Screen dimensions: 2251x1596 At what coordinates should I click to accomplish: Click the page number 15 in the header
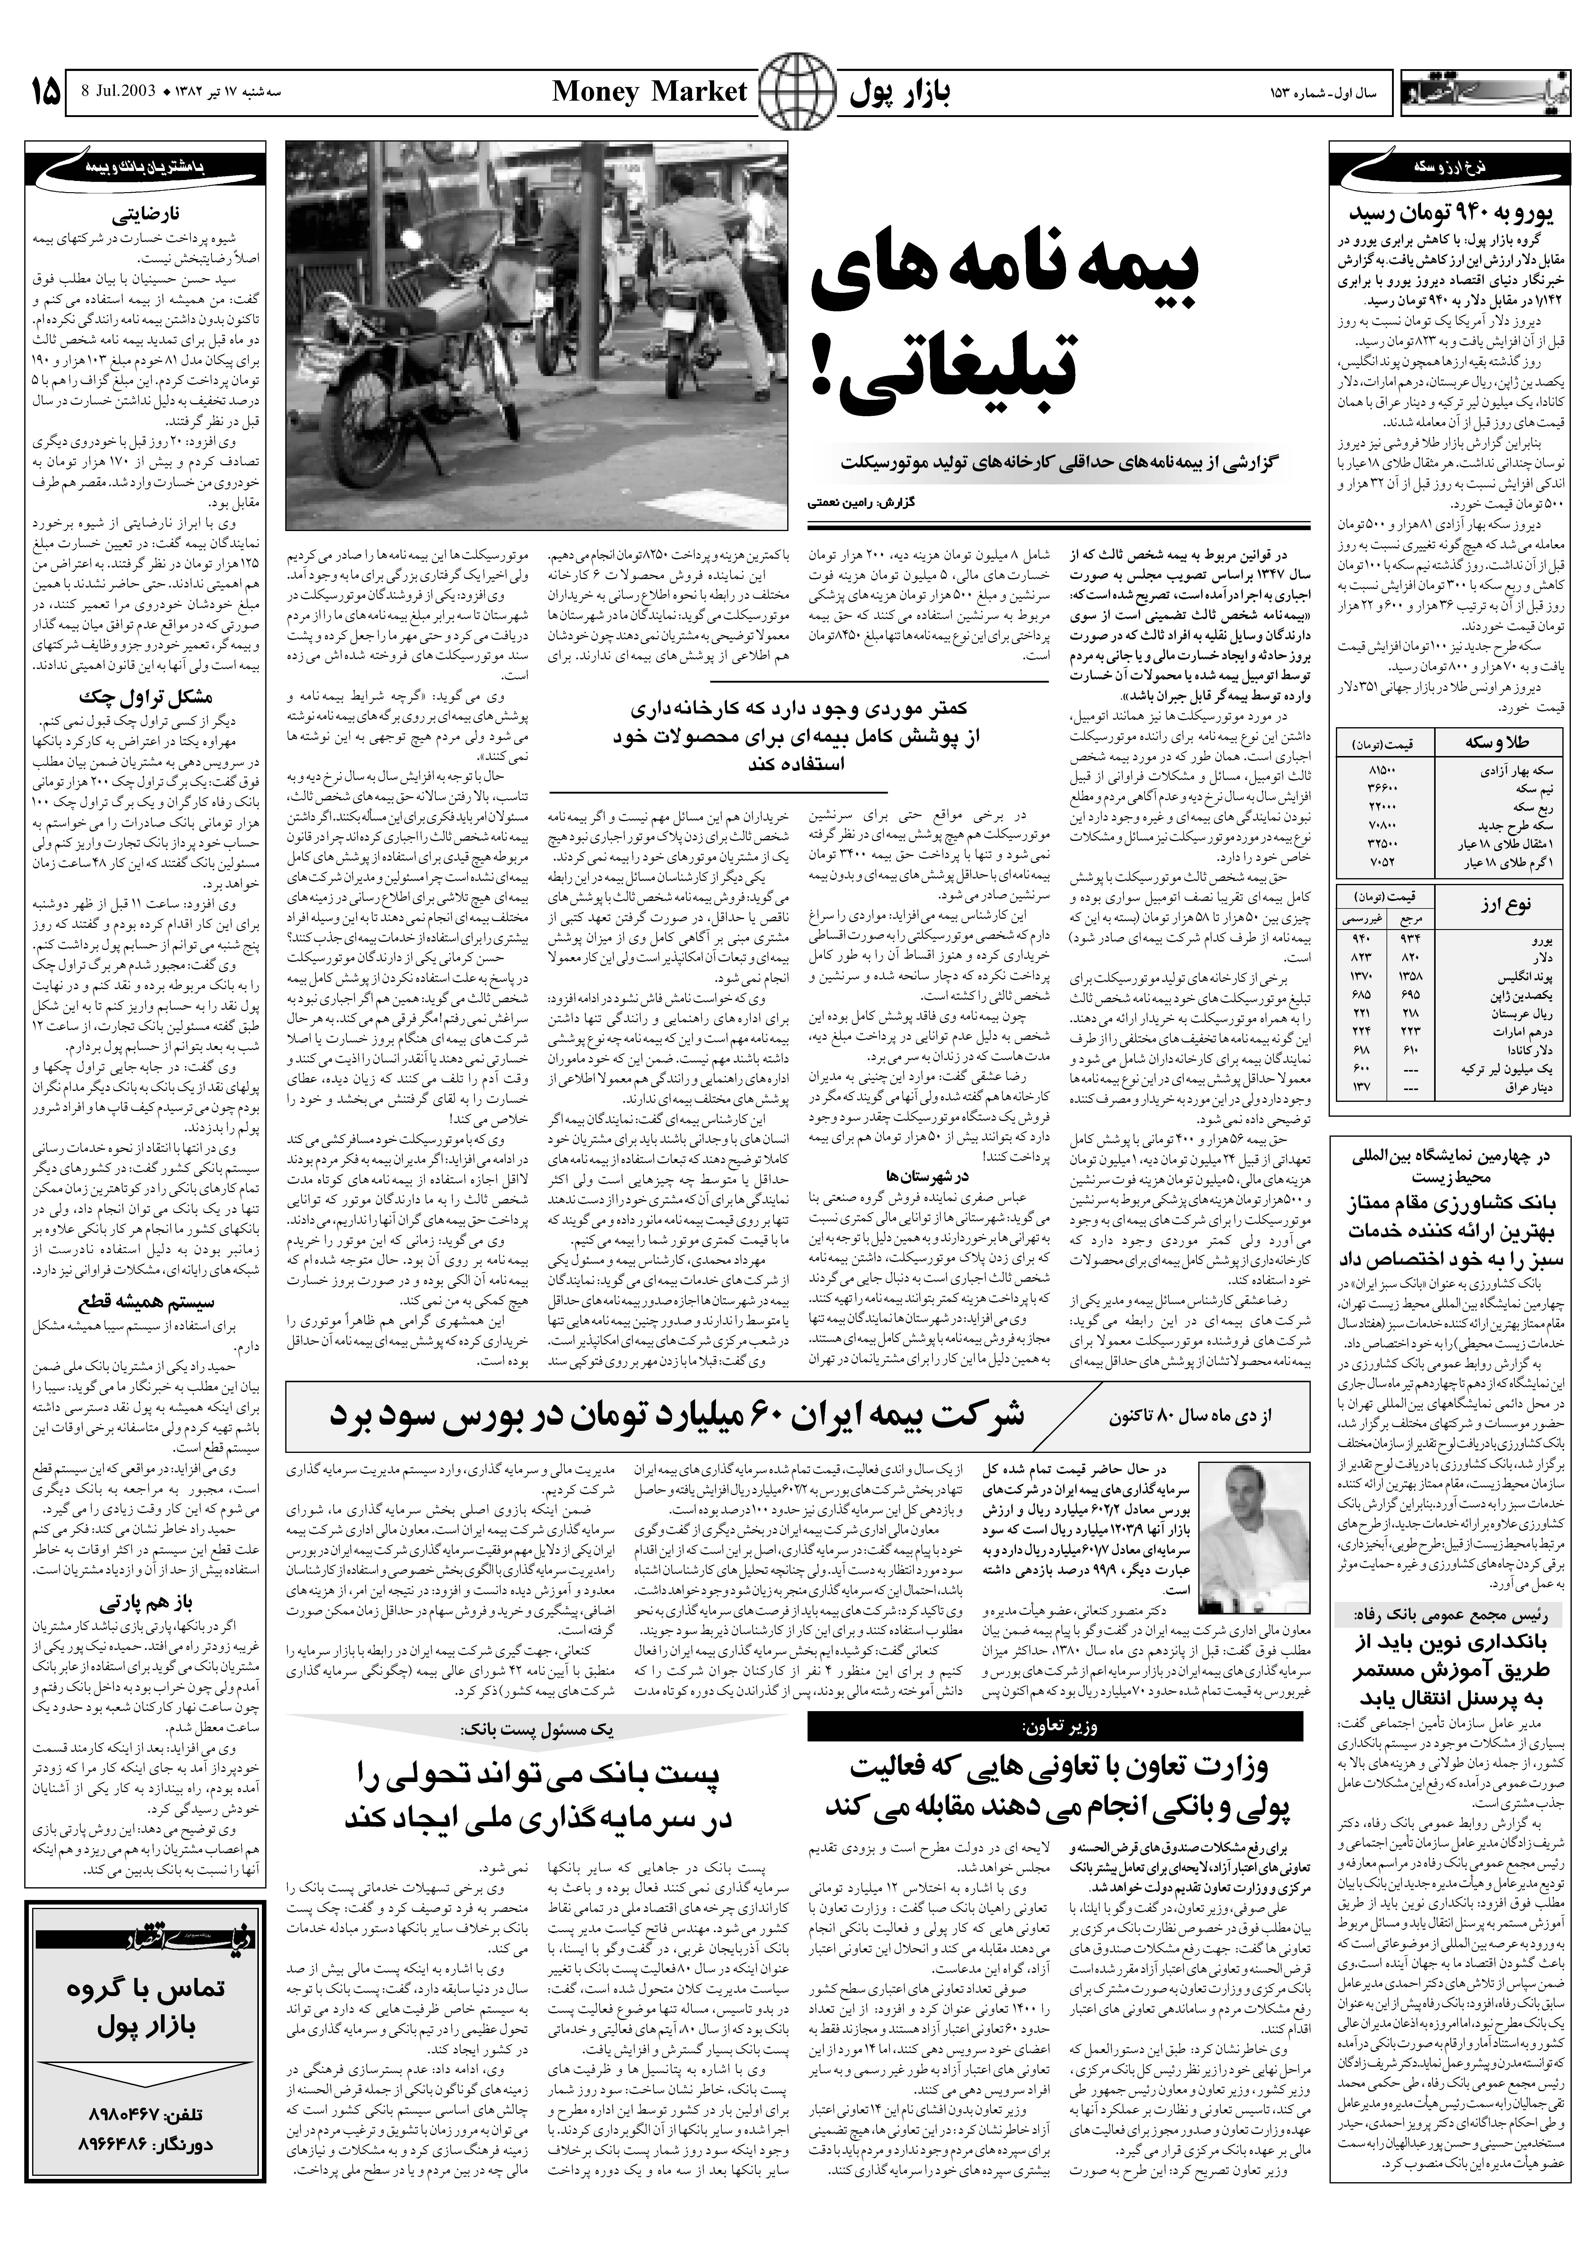coord(44,93)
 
